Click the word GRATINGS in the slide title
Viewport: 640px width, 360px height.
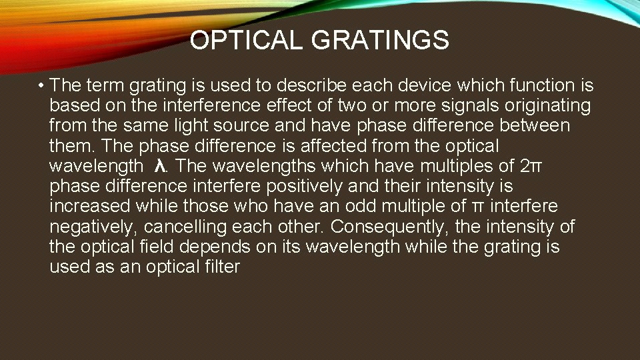(380, 41)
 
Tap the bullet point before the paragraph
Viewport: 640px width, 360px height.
(41, 86)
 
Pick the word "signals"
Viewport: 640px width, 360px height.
(454, 105)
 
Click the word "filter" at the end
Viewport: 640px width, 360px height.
(219, 267)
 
